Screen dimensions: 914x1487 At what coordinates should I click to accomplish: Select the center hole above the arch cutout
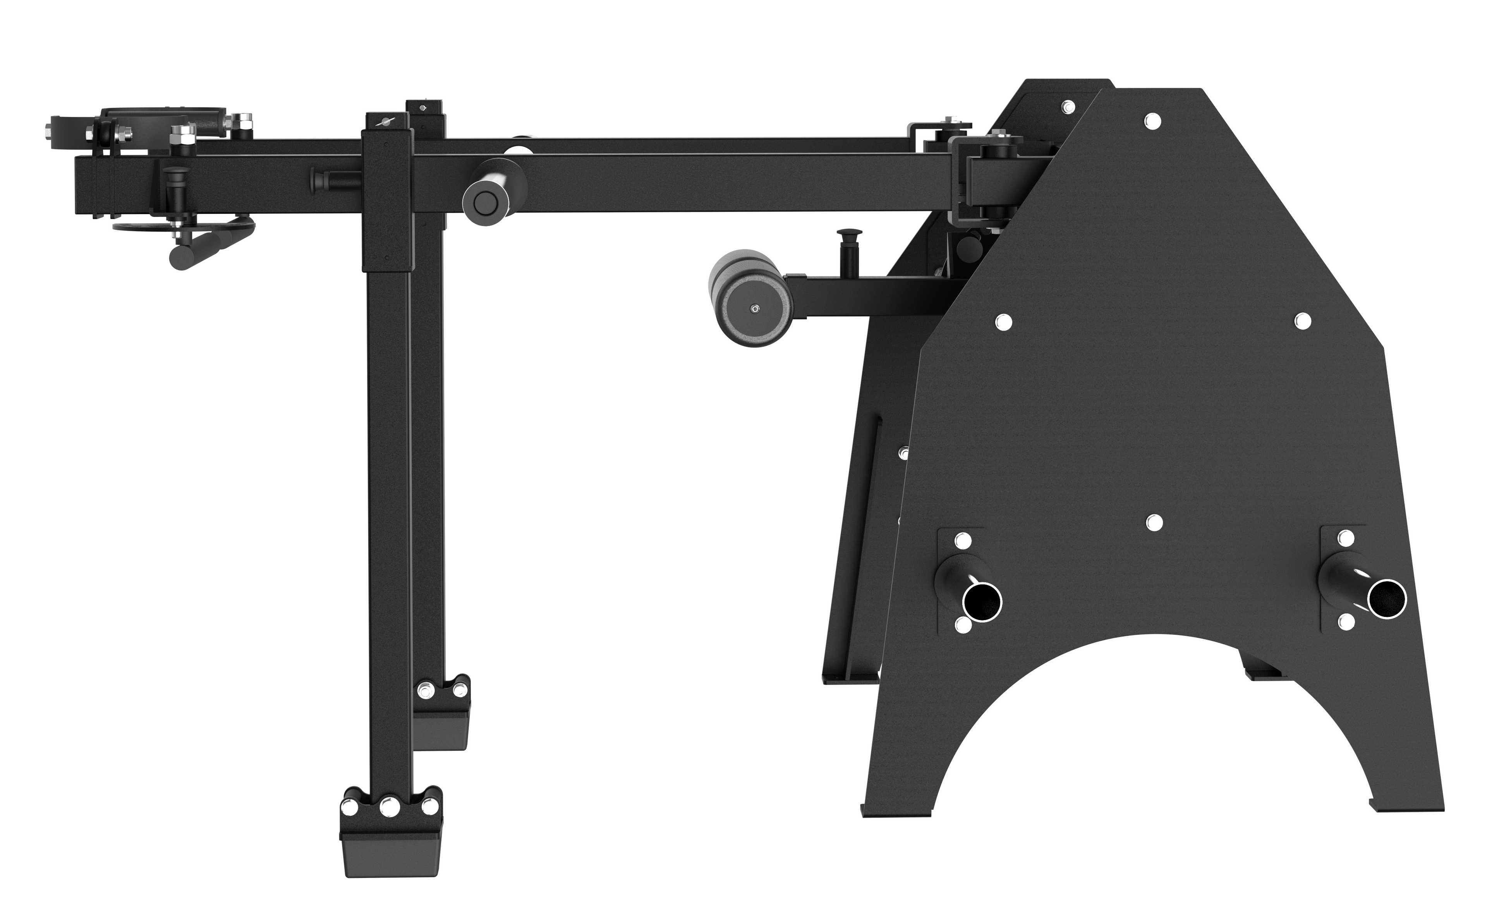coord(1154,522)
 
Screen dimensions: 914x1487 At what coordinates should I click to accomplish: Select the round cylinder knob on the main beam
coord(485,203)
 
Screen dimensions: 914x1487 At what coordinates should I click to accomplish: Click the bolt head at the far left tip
coord(47,129)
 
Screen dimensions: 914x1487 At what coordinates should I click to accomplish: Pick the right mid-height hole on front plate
coord(1303,321)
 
